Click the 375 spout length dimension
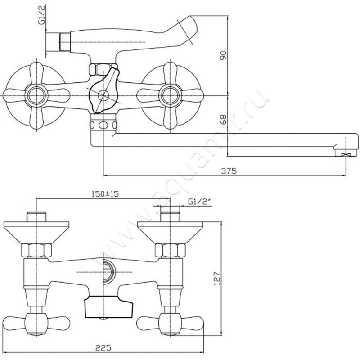tap(229, 171)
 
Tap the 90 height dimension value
tap(223, 55)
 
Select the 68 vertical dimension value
tap(223, 119)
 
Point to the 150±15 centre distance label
tap(105, 194)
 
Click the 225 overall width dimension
tap(103, 348)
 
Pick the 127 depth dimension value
tap(217, 279)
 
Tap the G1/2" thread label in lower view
tap(199, 202)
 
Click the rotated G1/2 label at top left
tap(42, 15)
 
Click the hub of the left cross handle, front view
tap(36, 95)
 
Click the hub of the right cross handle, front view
tap(170, 95)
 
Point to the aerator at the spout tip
tap(346, 153)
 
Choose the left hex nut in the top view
tap(36, 251)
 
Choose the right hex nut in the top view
tap(170, 251)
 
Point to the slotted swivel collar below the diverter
tap(104, 125)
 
